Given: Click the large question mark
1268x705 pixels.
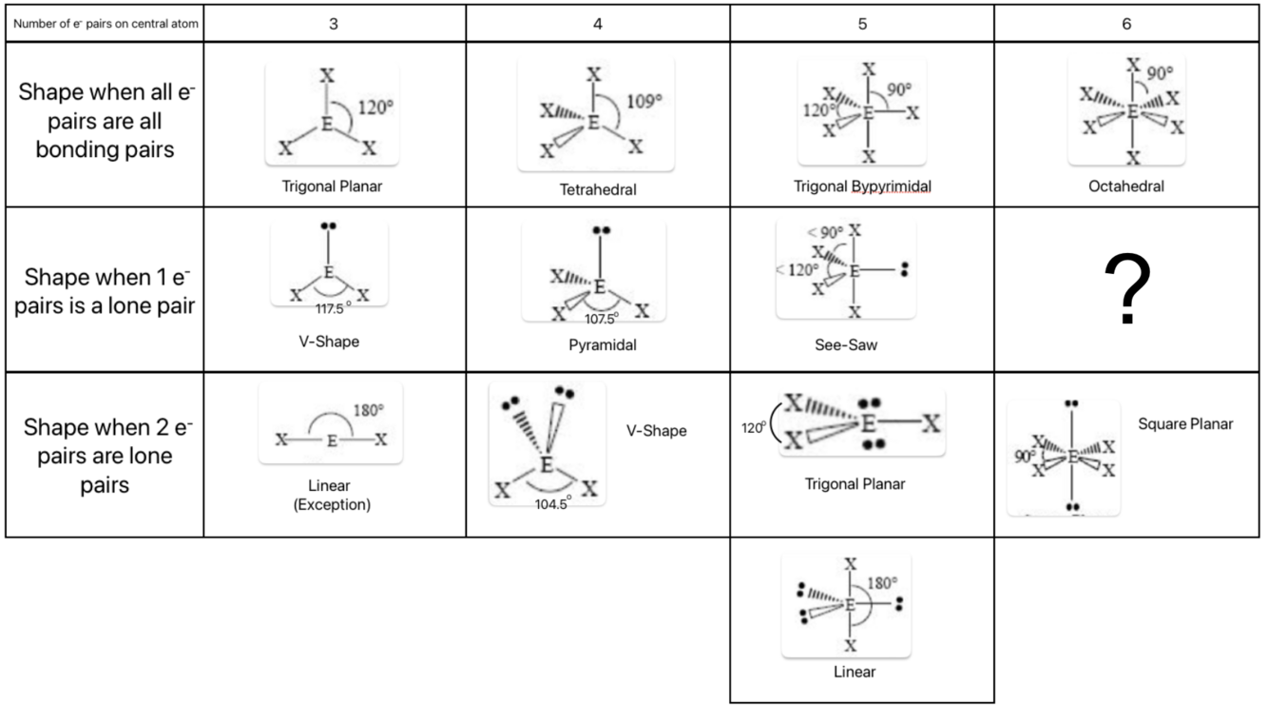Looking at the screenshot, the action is [x=1127, y=288].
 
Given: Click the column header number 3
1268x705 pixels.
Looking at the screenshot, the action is [x=334, y=24].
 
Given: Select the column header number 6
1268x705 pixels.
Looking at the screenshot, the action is [x=1126, y=24].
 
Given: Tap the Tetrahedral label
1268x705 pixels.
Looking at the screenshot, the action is [x=598, y=189].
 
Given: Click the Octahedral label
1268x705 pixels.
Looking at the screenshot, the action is [x=1126, y=186].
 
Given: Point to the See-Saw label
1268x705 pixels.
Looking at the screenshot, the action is [x=846, y=344].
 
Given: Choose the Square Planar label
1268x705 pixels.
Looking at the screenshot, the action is [x=1185, y=424].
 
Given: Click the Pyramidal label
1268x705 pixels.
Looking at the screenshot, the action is [x=603, y=344].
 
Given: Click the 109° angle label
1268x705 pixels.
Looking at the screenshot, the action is [x=644, y=102].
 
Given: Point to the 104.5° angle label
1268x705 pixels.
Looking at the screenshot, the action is [x=553, y=504].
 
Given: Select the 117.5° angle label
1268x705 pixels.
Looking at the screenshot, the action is [x=333, y=308].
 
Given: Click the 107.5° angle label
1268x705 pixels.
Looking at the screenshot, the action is [x=602, y=319].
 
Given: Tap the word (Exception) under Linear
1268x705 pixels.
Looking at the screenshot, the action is [x=332, y=504].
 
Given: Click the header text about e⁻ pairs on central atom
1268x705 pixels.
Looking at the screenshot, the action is [x=106, y=24].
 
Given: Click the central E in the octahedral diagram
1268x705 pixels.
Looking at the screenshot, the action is [x=1132, y=111].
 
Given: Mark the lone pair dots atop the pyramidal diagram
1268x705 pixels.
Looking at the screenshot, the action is [x=601, y=230].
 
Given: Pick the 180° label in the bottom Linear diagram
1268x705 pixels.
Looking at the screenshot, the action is [x=882, y=582].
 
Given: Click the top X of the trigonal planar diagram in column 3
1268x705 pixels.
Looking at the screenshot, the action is [x=327, y=75].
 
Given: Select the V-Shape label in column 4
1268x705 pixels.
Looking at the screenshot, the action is [x=656, y=431].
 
